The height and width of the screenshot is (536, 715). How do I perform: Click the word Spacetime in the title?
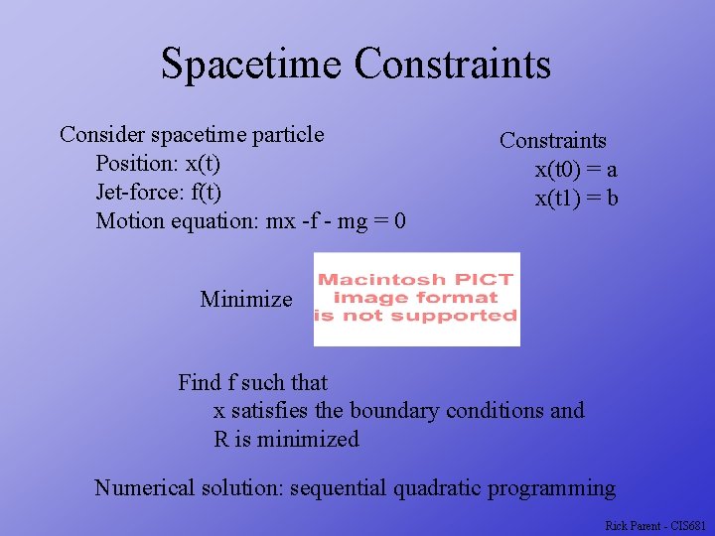251,65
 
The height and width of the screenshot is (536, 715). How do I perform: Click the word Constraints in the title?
452,65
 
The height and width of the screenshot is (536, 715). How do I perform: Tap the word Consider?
102,134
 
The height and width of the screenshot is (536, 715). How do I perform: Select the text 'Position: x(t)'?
158,163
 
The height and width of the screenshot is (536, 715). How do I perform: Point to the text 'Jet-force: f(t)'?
159,192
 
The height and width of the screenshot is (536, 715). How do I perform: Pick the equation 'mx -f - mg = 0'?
336,220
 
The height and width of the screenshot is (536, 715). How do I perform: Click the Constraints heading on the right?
552,141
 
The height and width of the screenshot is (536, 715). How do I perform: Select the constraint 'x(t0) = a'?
576,170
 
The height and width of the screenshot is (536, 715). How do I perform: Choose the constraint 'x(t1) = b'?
577,199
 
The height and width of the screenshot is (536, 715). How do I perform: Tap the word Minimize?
246,299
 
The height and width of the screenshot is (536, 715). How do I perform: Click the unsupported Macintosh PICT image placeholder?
416,299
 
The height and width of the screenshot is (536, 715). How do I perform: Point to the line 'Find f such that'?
252,382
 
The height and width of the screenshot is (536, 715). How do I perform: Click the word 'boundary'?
394,410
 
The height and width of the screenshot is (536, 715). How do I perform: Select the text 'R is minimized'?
286,439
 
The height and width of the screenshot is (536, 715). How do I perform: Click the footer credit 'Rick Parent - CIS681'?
654,524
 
